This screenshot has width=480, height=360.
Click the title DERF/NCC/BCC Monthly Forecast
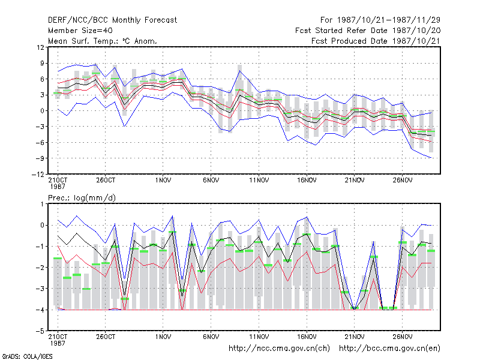[112, 20]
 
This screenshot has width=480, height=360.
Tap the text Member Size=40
[80, 31]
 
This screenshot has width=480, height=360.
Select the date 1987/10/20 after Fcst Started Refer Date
[416, 31]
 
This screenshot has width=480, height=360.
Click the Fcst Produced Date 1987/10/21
[376, 41]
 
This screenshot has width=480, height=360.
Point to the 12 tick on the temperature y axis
[41, 47]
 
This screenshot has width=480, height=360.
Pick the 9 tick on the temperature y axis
[42, 64]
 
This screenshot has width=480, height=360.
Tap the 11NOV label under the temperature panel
[259, 181]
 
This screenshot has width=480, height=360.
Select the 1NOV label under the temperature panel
[163, 181]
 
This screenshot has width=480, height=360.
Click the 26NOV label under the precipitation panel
[402, 337]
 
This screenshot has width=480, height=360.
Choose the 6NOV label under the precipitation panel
[211, 337]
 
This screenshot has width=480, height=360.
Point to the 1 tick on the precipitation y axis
[42, 204]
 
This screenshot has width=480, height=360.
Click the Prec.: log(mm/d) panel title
[82, 198]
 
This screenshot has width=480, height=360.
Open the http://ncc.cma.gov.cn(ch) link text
[279, 349]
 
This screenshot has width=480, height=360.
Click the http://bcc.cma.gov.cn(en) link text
[389, 349]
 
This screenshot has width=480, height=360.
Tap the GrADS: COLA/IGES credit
[27, 356]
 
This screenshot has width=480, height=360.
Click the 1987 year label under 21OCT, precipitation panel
[58, 343]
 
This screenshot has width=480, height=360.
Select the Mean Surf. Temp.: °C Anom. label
[103, 41]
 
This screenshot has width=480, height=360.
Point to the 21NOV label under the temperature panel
[355, 181]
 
